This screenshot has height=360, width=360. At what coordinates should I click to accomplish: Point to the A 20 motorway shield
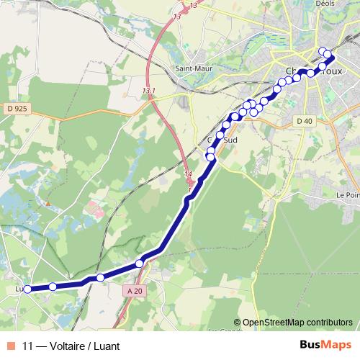click(131, 290)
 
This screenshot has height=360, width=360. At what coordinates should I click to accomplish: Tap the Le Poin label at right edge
click(348, 195)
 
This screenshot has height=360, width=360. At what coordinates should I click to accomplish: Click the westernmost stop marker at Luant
click(27, 289)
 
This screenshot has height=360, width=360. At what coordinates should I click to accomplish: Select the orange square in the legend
click(9, 346)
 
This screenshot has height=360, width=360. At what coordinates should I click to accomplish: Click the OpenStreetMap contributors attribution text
click(297, 323)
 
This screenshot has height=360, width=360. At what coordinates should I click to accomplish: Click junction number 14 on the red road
click(189, 174)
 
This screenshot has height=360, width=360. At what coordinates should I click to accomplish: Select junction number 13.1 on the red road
click(149, 91)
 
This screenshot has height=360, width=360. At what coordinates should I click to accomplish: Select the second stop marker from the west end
click(53, 287)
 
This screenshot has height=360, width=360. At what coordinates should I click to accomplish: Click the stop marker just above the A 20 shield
click(139, 264)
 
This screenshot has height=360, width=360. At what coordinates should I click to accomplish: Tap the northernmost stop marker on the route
click(323, 50)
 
